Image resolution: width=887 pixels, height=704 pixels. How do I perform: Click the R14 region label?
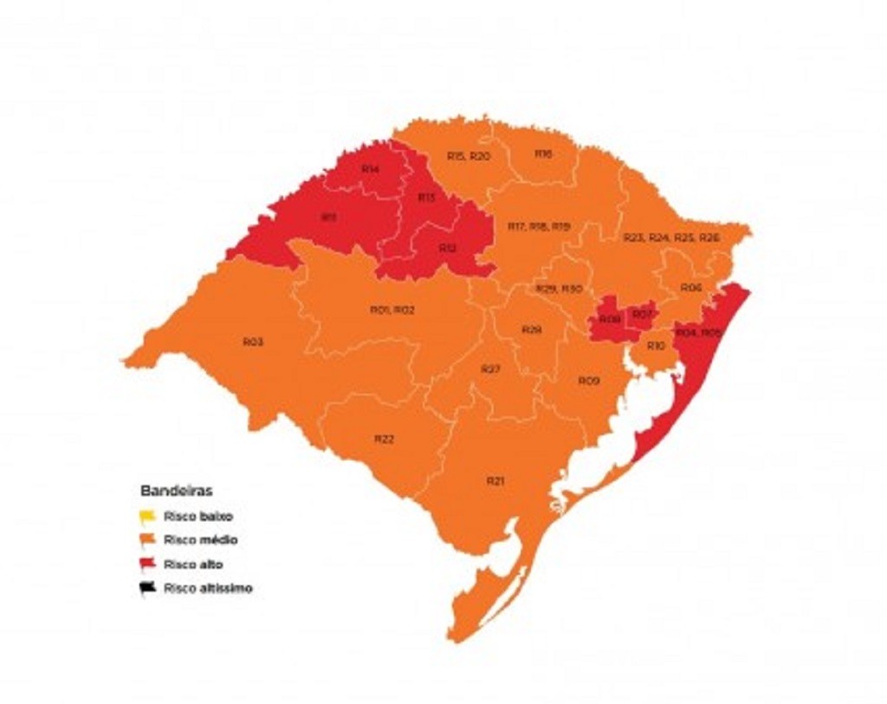(370, 169)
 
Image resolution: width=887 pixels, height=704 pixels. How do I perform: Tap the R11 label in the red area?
(328, 218)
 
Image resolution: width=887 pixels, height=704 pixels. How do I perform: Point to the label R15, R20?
(469, 156)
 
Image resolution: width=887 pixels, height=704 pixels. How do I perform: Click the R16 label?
(543, 153)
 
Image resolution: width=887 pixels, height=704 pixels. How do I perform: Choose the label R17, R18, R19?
(539, 226)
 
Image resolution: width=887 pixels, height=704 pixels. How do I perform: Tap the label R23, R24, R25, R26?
(671, 237)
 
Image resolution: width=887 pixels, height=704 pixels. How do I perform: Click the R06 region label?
(690, 287)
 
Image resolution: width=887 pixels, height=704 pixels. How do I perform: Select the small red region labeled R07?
(642, 314)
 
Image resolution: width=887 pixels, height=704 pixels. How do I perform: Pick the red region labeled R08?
(610, 320)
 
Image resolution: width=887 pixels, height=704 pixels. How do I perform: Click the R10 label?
(656, 346)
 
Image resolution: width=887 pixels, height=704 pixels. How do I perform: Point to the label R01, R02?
(392, 310)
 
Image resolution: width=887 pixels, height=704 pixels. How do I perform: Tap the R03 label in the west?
(253, 342)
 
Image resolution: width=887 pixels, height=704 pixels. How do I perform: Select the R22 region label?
(384, 440)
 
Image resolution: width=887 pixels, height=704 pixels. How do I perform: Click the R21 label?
(495, 480)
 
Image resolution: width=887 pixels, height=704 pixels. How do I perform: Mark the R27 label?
(490, 369)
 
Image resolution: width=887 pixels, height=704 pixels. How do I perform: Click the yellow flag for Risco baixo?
(147, 517)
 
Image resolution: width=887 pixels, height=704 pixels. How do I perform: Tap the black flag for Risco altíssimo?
(147, 588)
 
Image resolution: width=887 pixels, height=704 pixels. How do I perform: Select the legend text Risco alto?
(192, 564)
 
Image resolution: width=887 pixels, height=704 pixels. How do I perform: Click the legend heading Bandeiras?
(176, 491)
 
